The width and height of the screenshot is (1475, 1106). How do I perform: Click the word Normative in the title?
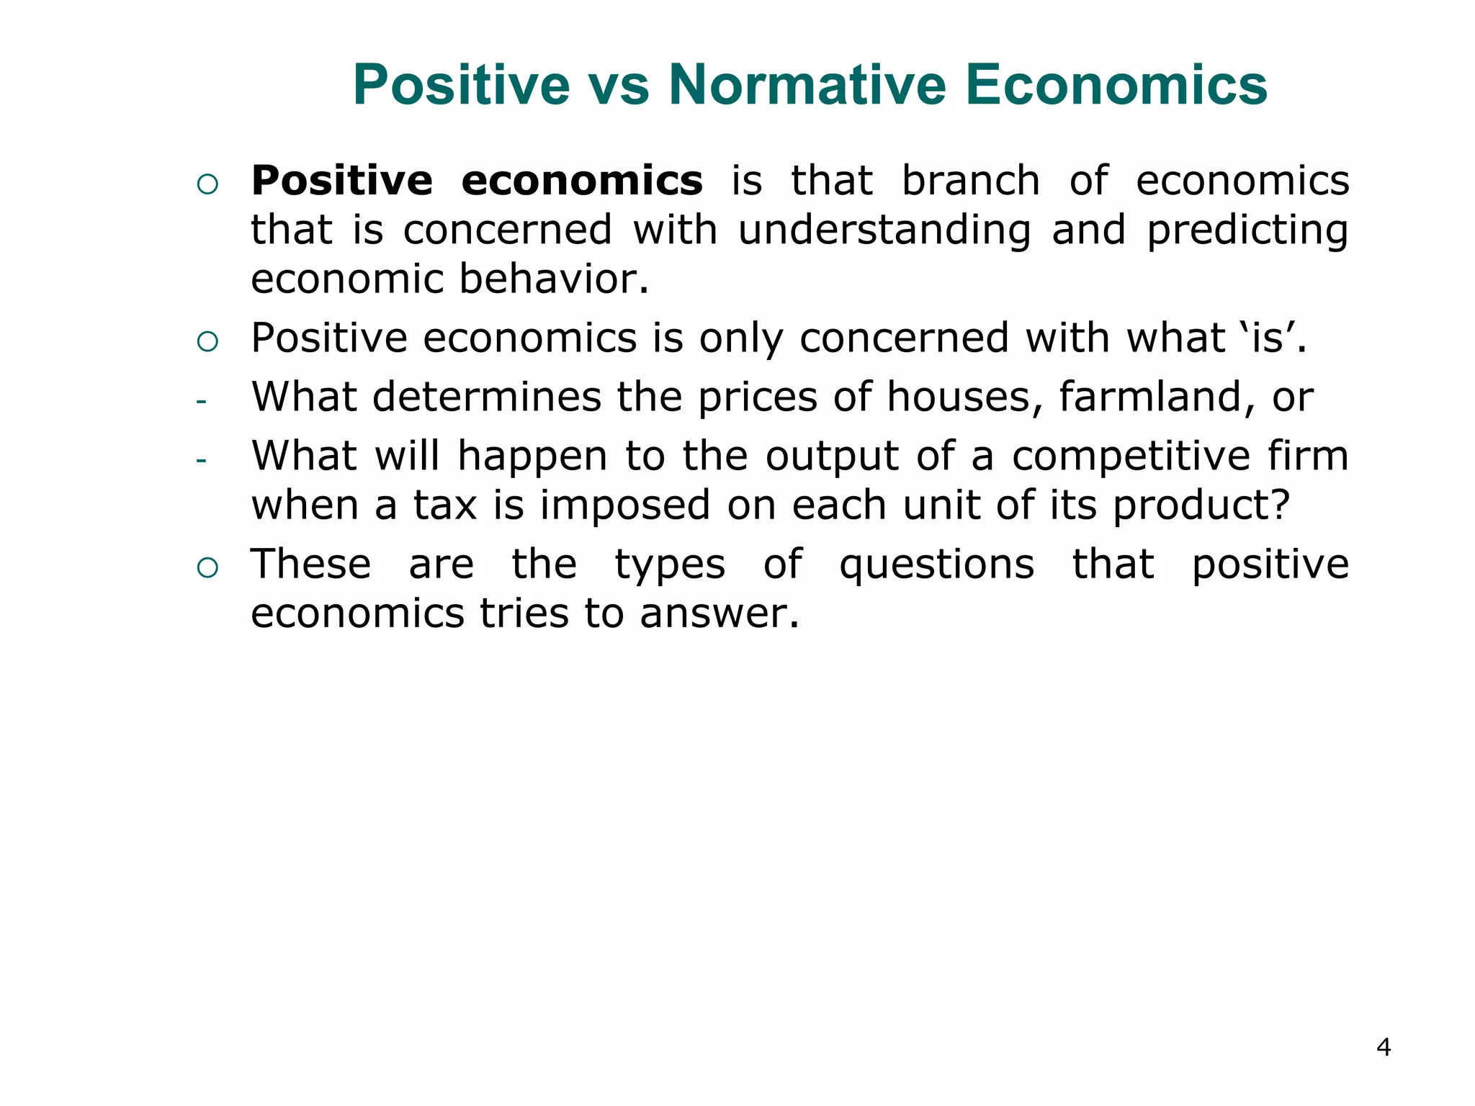(x=807, y=85)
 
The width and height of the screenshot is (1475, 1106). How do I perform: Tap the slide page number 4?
(x=1383, y=1047)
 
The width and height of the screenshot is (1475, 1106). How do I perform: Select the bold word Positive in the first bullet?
(x=342, y=180)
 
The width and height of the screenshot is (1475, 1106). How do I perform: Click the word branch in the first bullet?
(x=971, y=180)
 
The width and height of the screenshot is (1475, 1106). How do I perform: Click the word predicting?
(x=1247, y=230)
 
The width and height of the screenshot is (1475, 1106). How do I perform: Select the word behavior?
(x=554, y=279)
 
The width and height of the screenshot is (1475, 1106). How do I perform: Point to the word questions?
(x=937, y=565)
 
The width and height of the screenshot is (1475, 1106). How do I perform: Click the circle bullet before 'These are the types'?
(x=207, y=568)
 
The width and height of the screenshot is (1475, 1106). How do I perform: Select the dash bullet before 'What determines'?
(x=201, y=401)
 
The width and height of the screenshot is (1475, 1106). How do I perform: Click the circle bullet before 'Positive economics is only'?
(x=207, y=341)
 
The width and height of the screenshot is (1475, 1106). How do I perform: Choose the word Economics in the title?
(x=1116, y=85)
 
